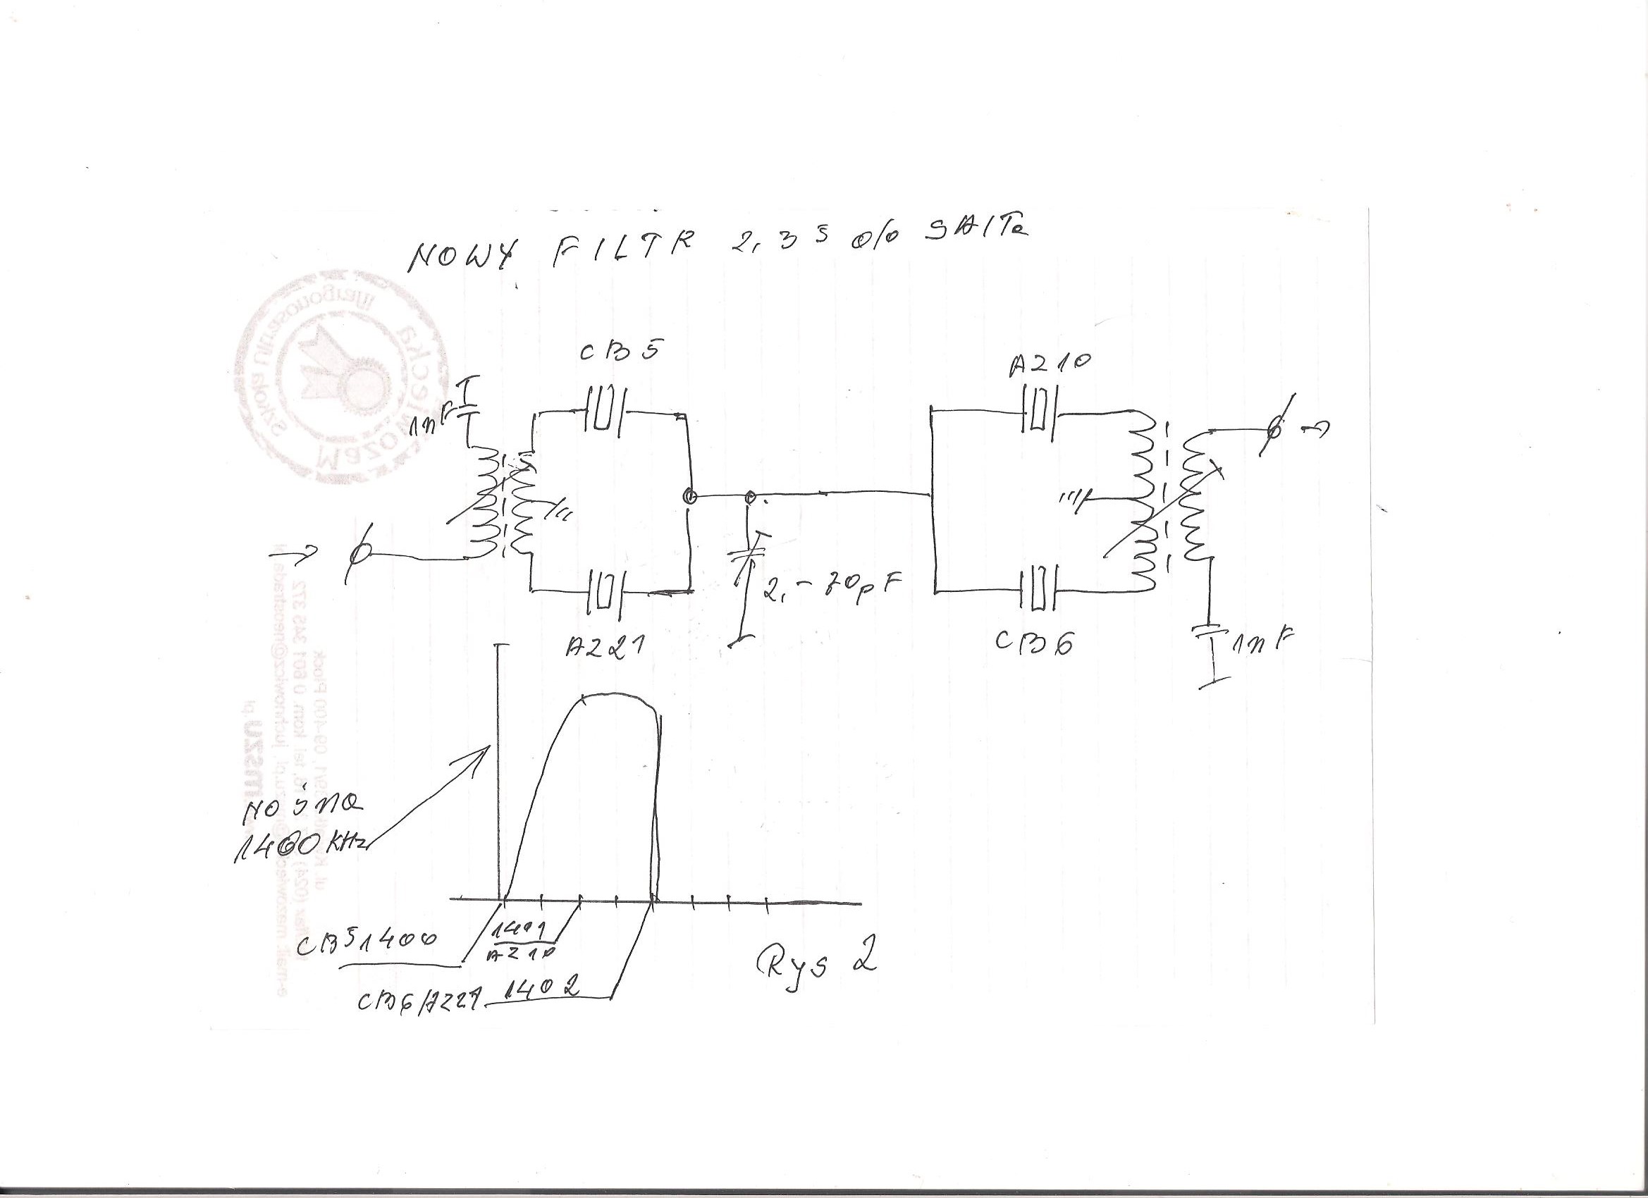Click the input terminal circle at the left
pyautogui.click(x=357, y=555)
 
